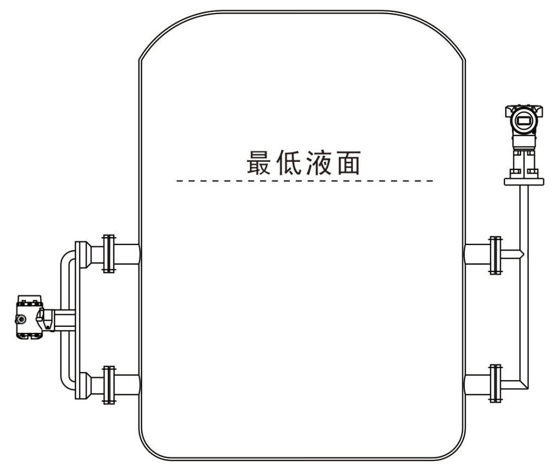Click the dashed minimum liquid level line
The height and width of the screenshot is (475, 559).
(305, 180)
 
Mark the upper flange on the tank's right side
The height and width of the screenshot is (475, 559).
(495, 254)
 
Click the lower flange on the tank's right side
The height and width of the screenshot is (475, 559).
(495, 383)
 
